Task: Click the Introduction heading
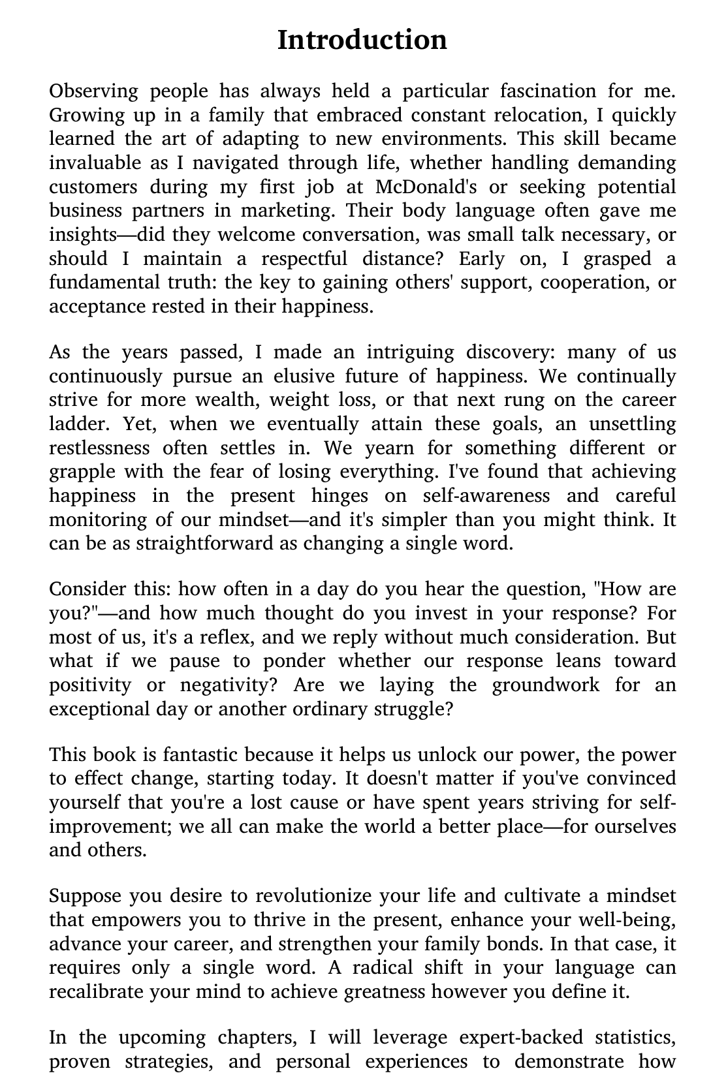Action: pyautogui.click(x=362, y=40)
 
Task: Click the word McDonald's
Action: pyautogui.click(x=426, y=187)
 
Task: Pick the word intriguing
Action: pyautogui.click(x=410, y=353)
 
